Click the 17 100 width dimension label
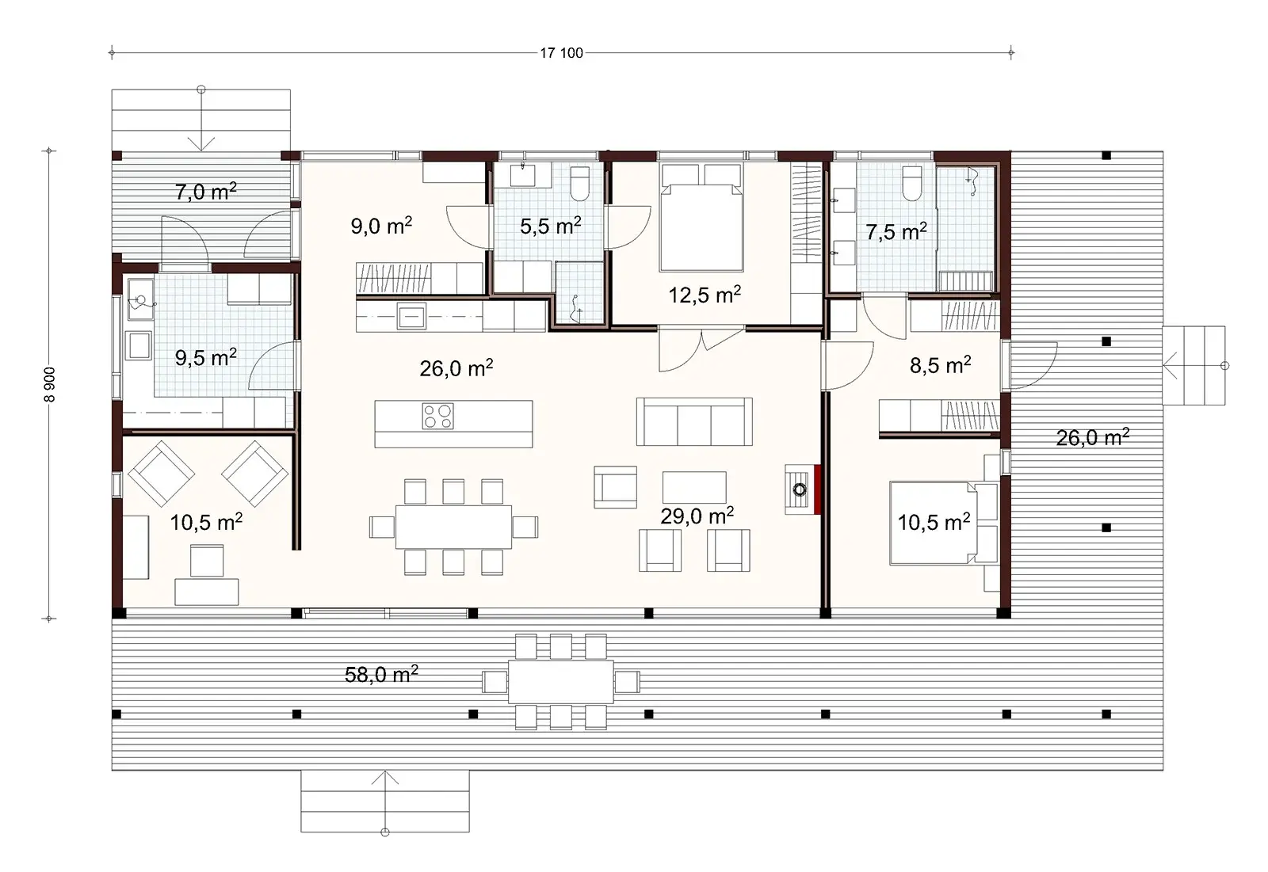point(561,53)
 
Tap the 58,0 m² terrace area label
point(381,675)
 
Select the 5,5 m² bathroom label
point(550,227)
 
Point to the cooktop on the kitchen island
point(437,417)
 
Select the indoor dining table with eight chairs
point(453,527)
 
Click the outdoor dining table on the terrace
point(560,681)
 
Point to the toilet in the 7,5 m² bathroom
point(912,184)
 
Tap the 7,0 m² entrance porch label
point(205,192)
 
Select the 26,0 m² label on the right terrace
point(1092,437)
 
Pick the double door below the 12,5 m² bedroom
point(701,348)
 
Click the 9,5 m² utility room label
point(205,358)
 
